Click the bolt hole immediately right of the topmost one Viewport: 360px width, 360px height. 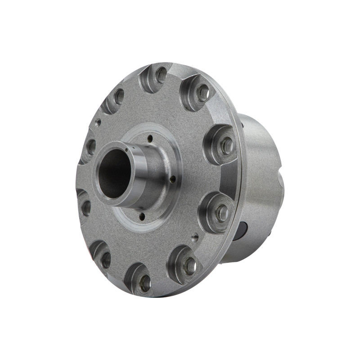click(x=203, y=92)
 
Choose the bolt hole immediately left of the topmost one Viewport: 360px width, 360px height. click(x=119, y=96)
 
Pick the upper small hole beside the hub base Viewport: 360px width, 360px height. click(x=150, y=140)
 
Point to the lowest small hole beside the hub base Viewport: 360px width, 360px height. click(x=142, y=216)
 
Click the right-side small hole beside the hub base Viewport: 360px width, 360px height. click(x=173, y=179)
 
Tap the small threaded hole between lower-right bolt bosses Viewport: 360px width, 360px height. click(x=195, y=235)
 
